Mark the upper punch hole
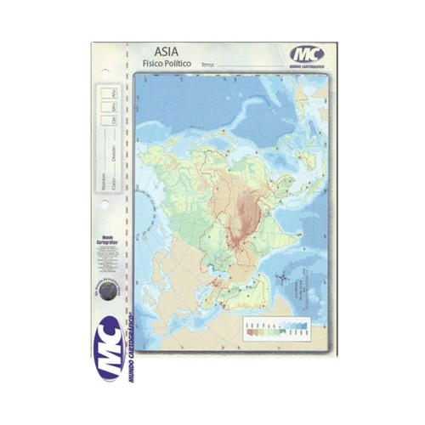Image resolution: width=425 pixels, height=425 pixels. pyautogui.click(x=105, y=71)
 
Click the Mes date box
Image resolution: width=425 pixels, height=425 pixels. pyautogui.click(x=114, y=107)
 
